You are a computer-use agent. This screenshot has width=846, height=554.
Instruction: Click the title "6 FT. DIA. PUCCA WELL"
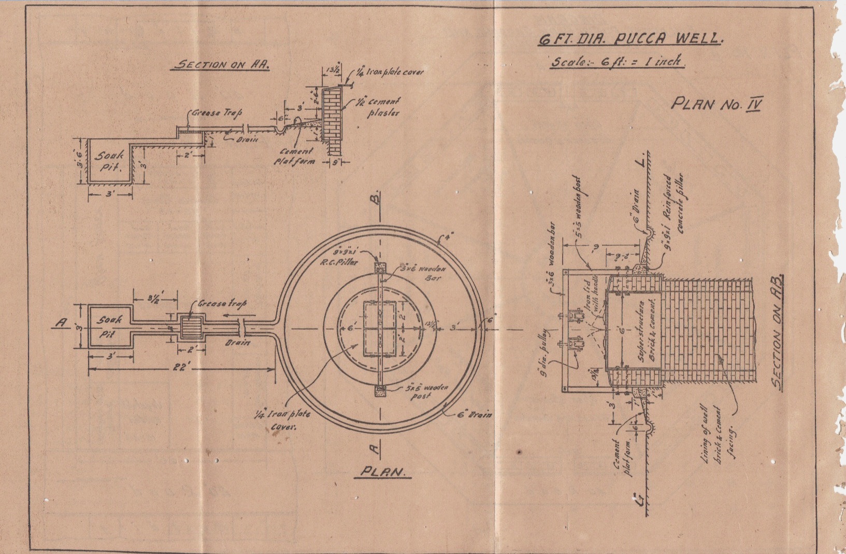630,39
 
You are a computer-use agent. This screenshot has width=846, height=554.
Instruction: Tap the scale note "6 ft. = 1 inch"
618,61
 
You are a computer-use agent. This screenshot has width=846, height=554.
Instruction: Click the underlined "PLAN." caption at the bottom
384,472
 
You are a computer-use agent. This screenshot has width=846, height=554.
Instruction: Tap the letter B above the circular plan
379,197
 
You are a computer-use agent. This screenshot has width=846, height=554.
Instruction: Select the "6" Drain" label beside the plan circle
475,414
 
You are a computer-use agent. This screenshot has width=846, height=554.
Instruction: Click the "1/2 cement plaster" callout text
383,107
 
